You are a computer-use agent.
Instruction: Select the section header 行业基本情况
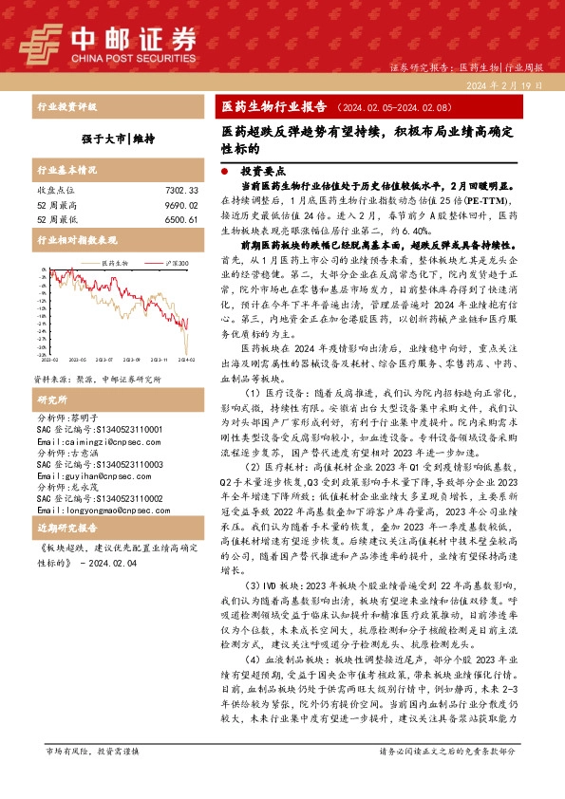(x=66, y=171)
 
